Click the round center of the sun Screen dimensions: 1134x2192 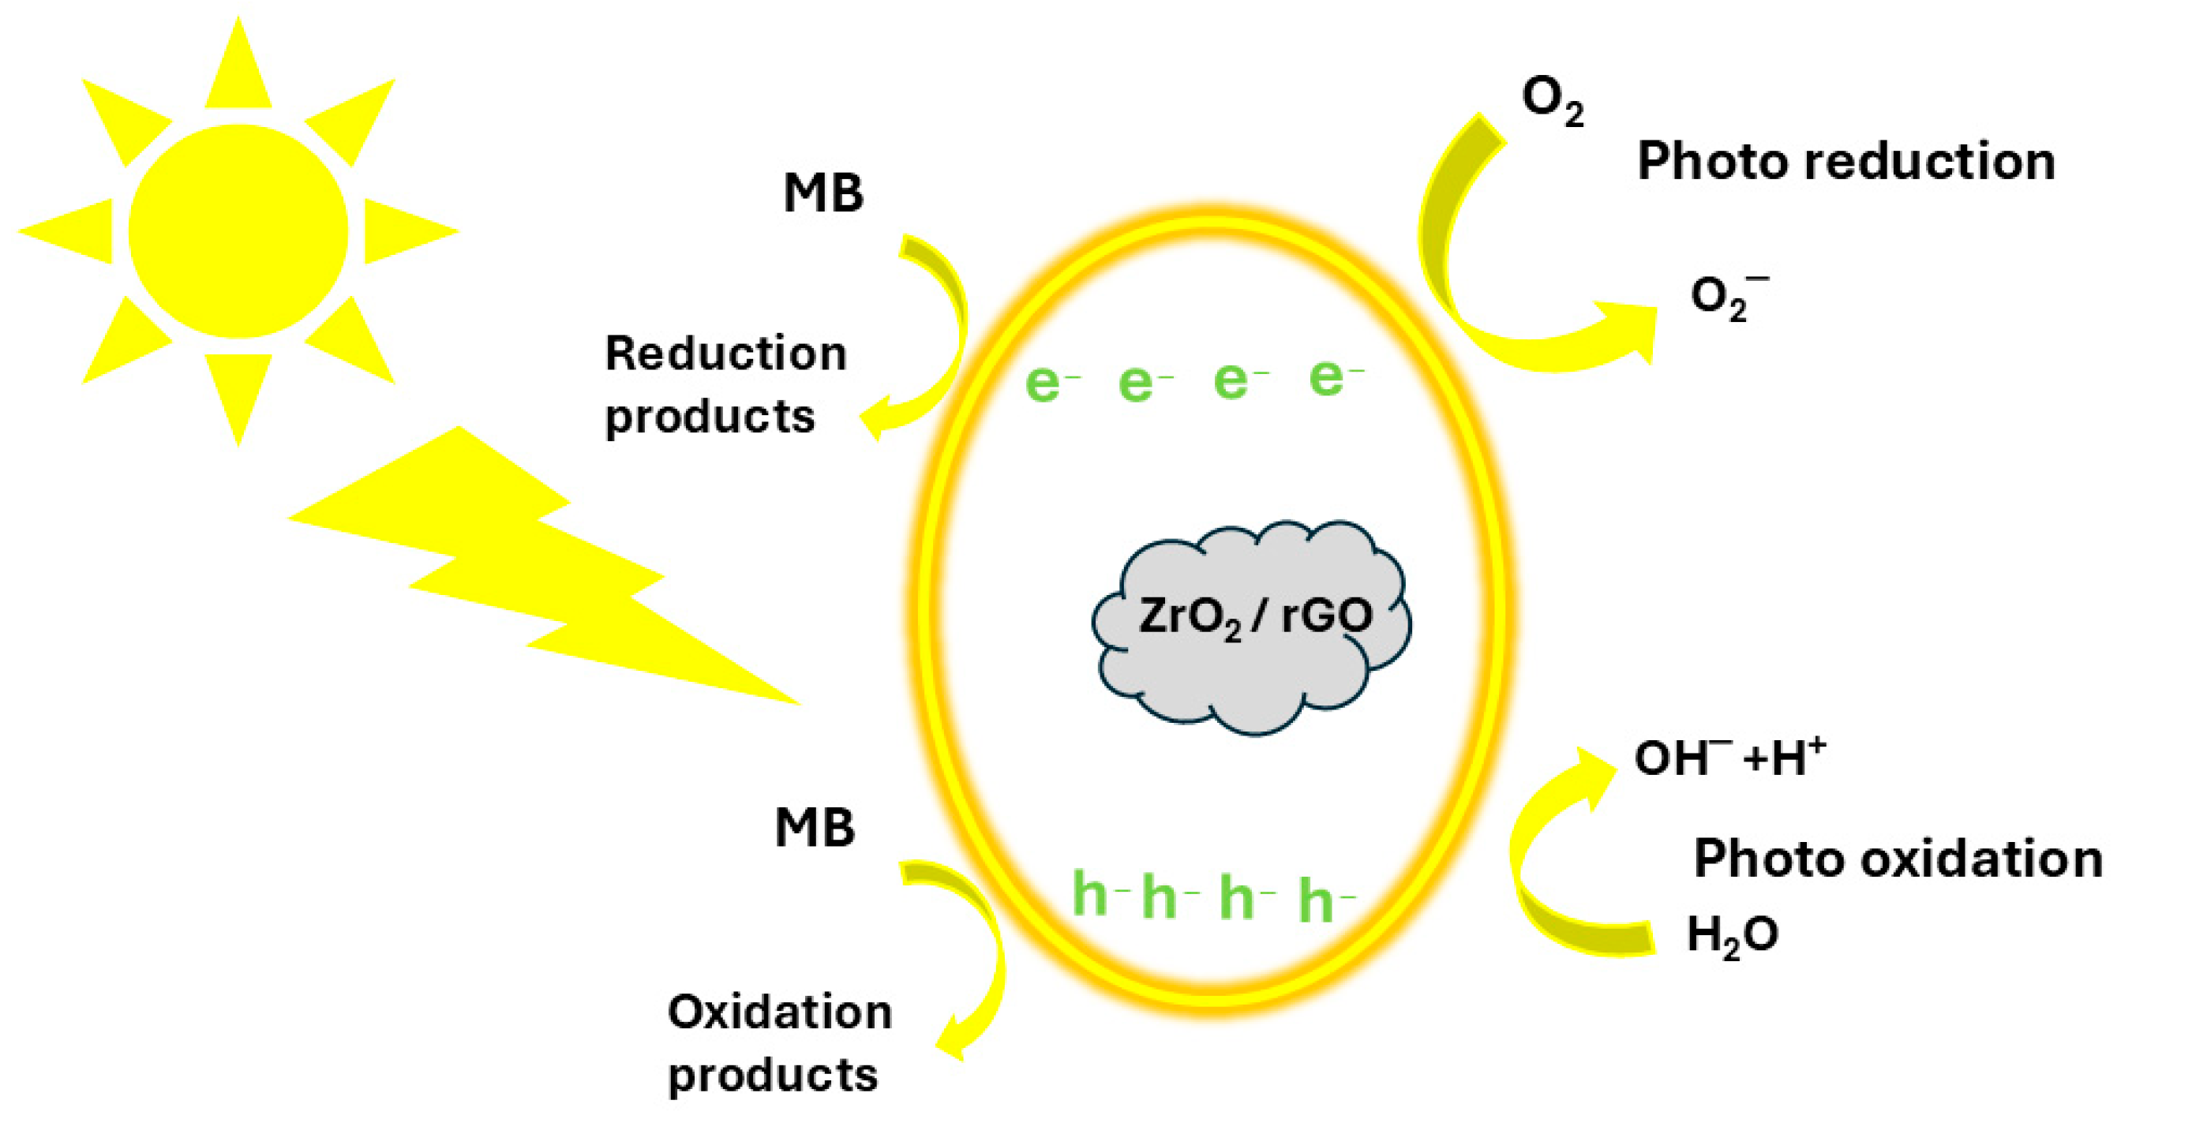pos(238,231)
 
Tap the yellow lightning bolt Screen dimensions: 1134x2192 pos(545,578)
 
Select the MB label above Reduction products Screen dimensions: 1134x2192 pos(822,193)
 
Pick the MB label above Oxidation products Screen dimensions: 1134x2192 pos(815,827)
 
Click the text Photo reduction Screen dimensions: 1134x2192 pos(1845,162)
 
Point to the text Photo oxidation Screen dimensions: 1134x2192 pos(1898,859)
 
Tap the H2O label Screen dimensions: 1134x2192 pos(1732,935)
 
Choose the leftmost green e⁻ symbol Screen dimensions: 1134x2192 pos(1051,382)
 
